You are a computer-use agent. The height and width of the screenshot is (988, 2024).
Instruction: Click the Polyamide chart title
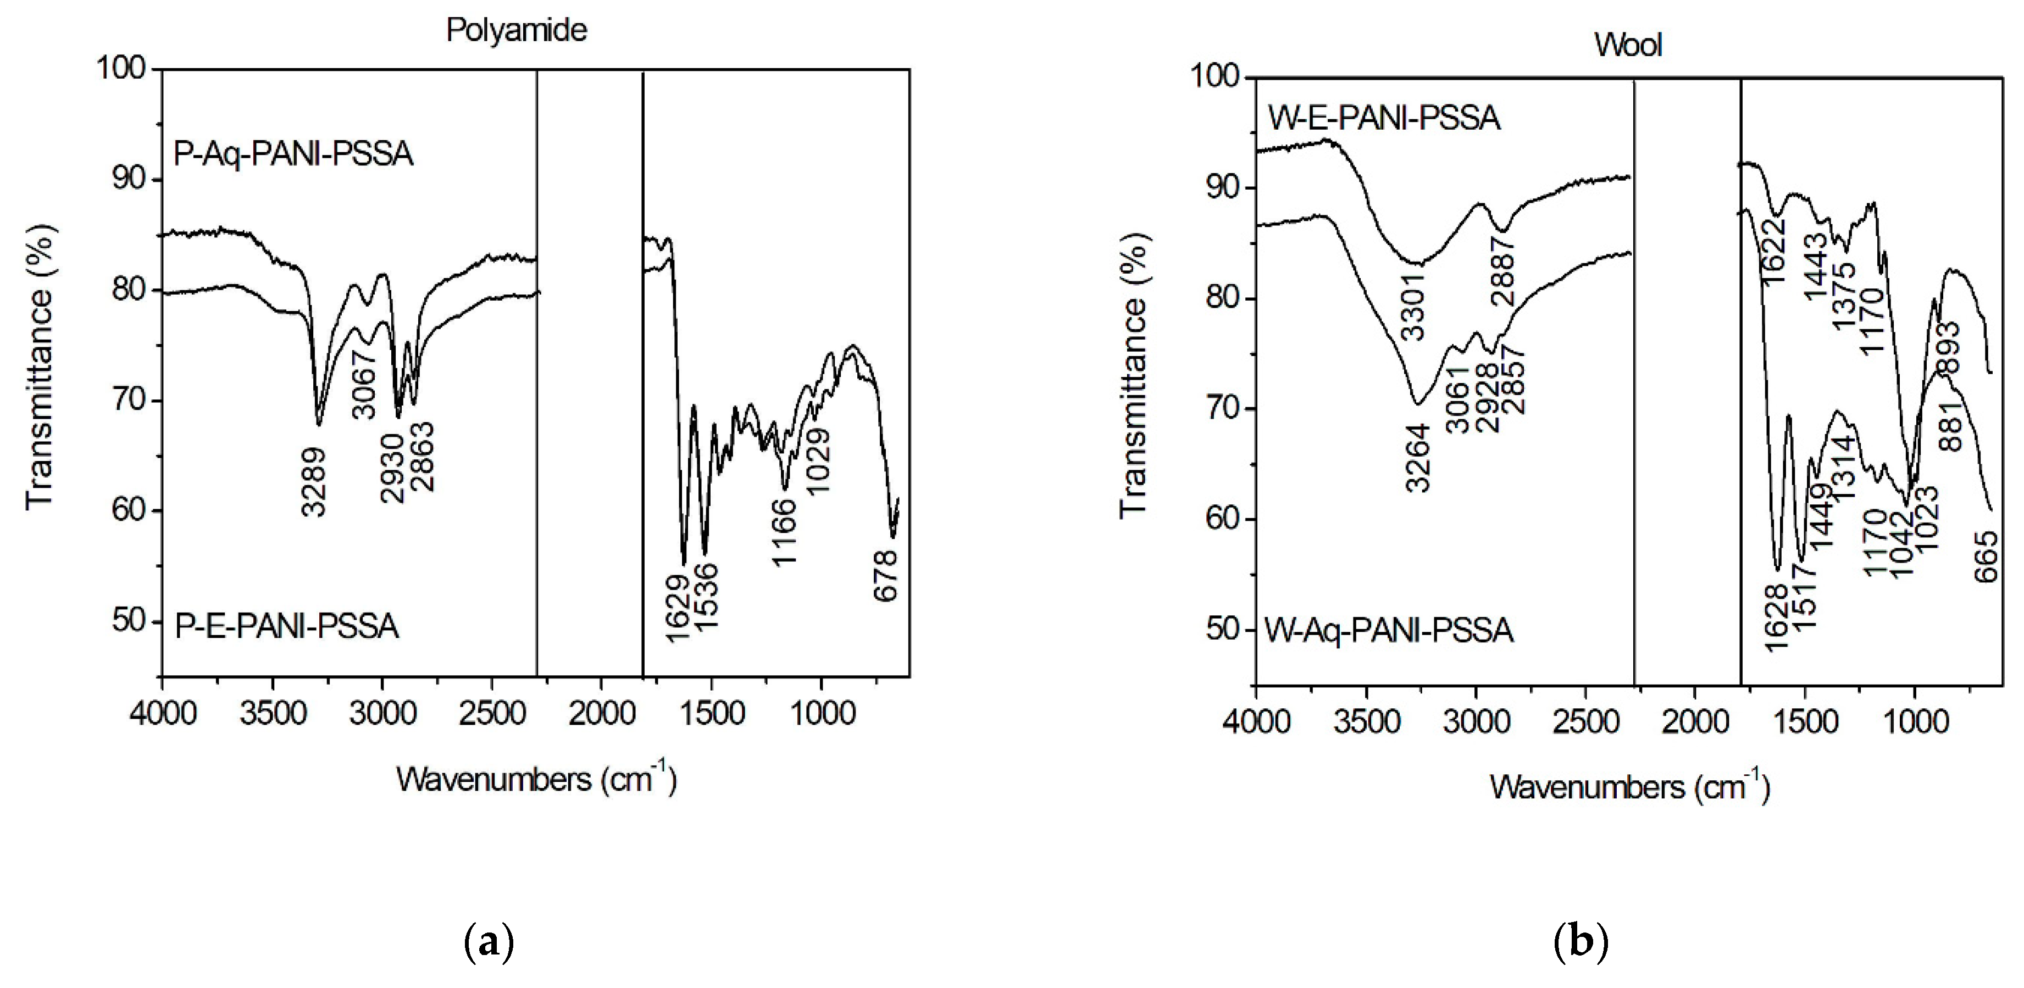coord(516,30)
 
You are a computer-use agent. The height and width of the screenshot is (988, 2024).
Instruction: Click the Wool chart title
coord(1628,45)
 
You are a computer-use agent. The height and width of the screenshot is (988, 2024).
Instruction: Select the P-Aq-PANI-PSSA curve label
coord(292,154)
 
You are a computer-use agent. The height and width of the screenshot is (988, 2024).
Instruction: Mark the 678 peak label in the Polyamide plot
coord(885,576)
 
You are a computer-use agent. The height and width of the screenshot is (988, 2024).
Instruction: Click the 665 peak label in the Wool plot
coord(1986,556)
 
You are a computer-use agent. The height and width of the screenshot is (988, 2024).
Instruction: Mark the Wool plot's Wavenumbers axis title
coord(1629,787)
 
